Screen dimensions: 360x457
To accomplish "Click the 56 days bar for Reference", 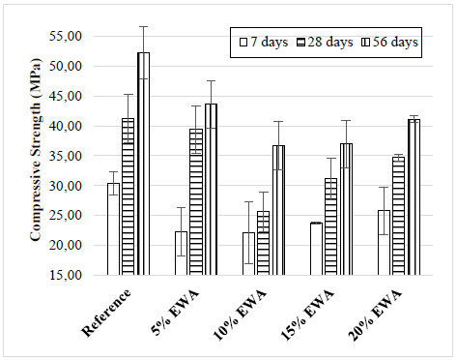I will (x=143, y=164).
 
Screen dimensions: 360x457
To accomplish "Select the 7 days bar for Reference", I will (x=113, y=229).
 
